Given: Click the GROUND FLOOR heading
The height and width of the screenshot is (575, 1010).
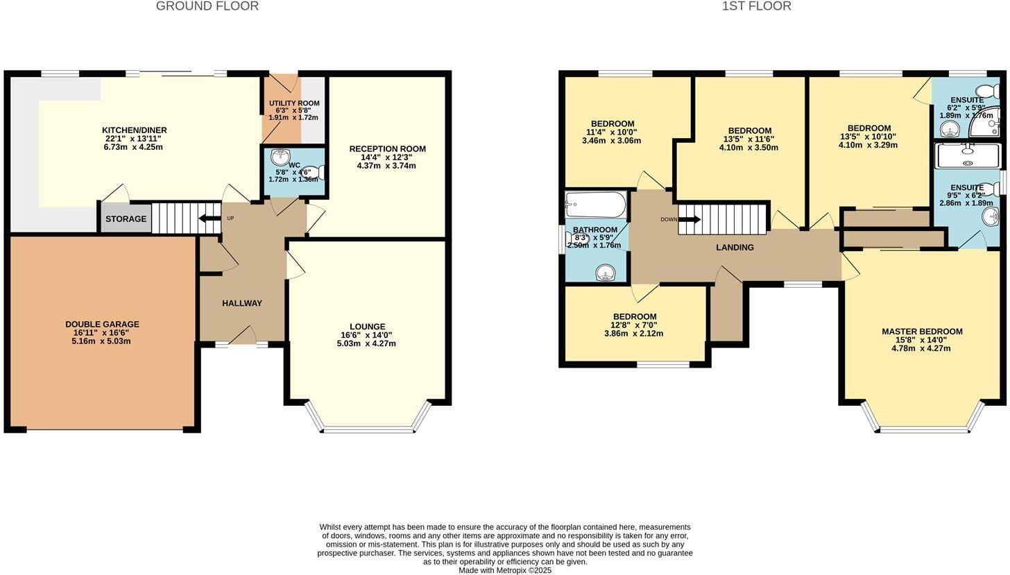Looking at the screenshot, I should (207, 6).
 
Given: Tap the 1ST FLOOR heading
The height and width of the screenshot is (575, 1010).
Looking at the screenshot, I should (756, 6).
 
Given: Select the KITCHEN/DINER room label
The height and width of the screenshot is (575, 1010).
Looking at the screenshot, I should (134, 130).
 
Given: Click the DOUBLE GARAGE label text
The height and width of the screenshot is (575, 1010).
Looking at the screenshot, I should (102, 324).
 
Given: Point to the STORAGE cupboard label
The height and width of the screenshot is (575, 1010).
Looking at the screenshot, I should (126, 219).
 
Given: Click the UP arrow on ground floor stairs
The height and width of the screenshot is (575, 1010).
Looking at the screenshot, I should (207, 219).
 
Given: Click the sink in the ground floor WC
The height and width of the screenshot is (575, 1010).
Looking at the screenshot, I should (281, 156).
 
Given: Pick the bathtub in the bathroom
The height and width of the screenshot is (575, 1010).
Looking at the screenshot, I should (595, 205).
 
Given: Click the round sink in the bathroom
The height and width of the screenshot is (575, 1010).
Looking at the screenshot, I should (606, 273).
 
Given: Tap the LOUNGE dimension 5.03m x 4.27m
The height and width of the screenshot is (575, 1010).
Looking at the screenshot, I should (366, 343).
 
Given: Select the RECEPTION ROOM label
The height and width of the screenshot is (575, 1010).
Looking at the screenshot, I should (387, 149).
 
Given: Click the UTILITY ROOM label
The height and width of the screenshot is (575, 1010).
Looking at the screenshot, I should (294, 103).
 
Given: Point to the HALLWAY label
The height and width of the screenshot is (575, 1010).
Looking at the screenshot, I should (242, 303).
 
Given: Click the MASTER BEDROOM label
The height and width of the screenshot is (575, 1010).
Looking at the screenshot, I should (922, 332).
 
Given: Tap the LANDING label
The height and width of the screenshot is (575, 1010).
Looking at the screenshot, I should (735, 248).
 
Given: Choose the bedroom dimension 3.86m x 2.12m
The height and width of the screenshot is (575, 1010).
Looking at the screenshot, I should (633, 333).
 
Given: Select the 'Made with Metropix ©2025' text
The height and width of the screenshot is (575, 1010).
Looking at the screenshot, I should (504, 570).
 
